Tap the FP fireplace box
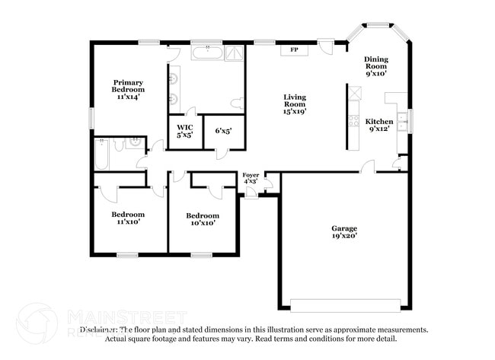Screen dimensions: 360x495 (294, 50)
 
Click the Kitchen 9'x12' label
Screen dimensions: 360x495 (378, 126)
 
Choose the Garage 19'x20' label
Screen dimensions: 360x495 (344, 232)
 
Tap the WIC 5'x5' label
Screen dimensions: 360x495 (185, 131)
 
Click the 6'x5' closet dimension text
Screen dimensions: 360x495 (223, 131)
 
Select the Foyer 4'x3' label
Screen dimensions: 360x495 (251, 178)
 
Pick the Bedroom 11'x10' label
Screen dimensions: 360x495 (128, 218)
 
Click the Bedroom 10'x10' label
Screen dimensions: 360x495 (203, 219)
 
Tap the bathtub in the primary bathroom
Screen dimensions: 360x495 (206, 53)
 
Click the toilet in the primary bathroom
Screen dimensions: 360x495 (237, 102)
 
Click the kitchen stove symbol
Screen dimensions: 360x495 (353, 119)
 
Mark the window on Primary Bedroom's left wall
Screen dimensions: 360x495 (91, 118)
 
